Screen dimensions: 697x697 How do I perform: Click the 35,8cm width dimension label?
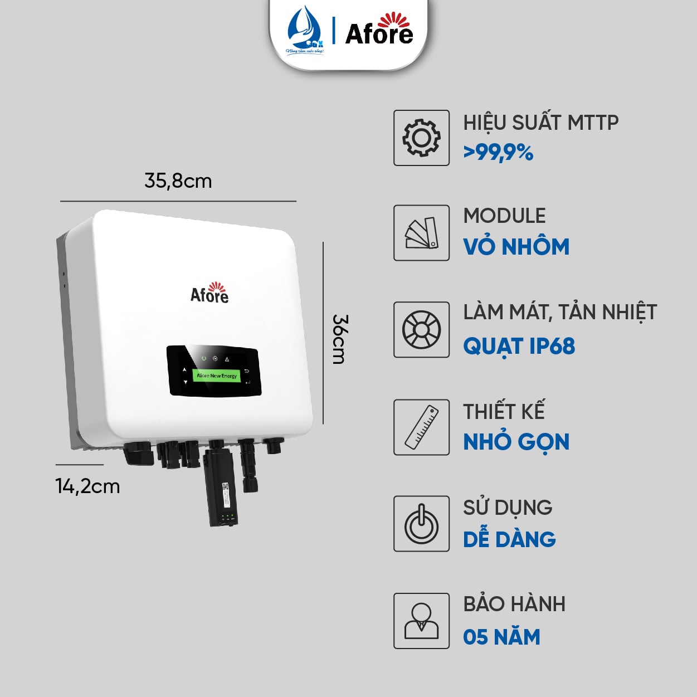click(178, 181)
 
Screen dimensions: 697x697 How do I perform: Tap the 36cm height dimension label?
click(339, 339)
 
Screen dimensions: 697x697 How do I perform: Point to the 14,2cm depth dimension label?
click(87, 486)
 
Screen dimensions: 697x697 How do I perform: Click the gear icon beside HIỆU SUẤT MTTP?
click(421, 138)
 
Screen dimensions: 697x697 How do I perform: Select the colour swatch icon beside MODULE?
click(421, 233)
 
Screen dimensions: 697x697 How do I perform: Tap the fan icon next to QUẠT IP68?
click(421, 330)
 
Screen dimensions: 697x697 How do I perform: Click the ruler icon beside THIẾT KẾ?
click(421, 427)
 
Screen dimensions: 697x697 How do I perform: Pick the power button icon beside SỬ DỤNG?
click(421, 524)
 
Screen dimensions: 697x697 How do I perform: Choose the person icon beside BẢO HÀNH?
click(421, 621)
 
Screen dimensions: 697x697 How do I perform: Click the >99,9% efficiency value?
click(498, 152)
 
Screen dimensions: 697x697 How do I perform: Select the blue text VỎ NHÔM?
click(516, 247)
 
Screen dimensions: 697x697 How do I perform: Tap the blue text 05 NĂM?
click(501, 637)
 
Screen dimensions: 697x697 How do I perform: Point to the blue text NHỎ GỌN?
click(516, 442)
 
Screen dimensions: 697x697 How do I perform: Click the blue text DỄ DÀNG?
click(509, 539)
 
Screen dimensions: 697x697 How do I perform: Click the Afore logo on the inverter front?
click(210, 293)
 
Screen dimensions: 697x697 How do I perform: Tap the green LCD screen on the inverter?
click(216, 376)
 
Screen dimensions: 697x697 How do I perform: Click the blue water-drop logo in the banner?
click(305, 31)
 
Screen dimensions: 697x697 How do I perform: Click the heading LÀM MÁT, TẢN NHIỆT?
click(560, 313)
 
